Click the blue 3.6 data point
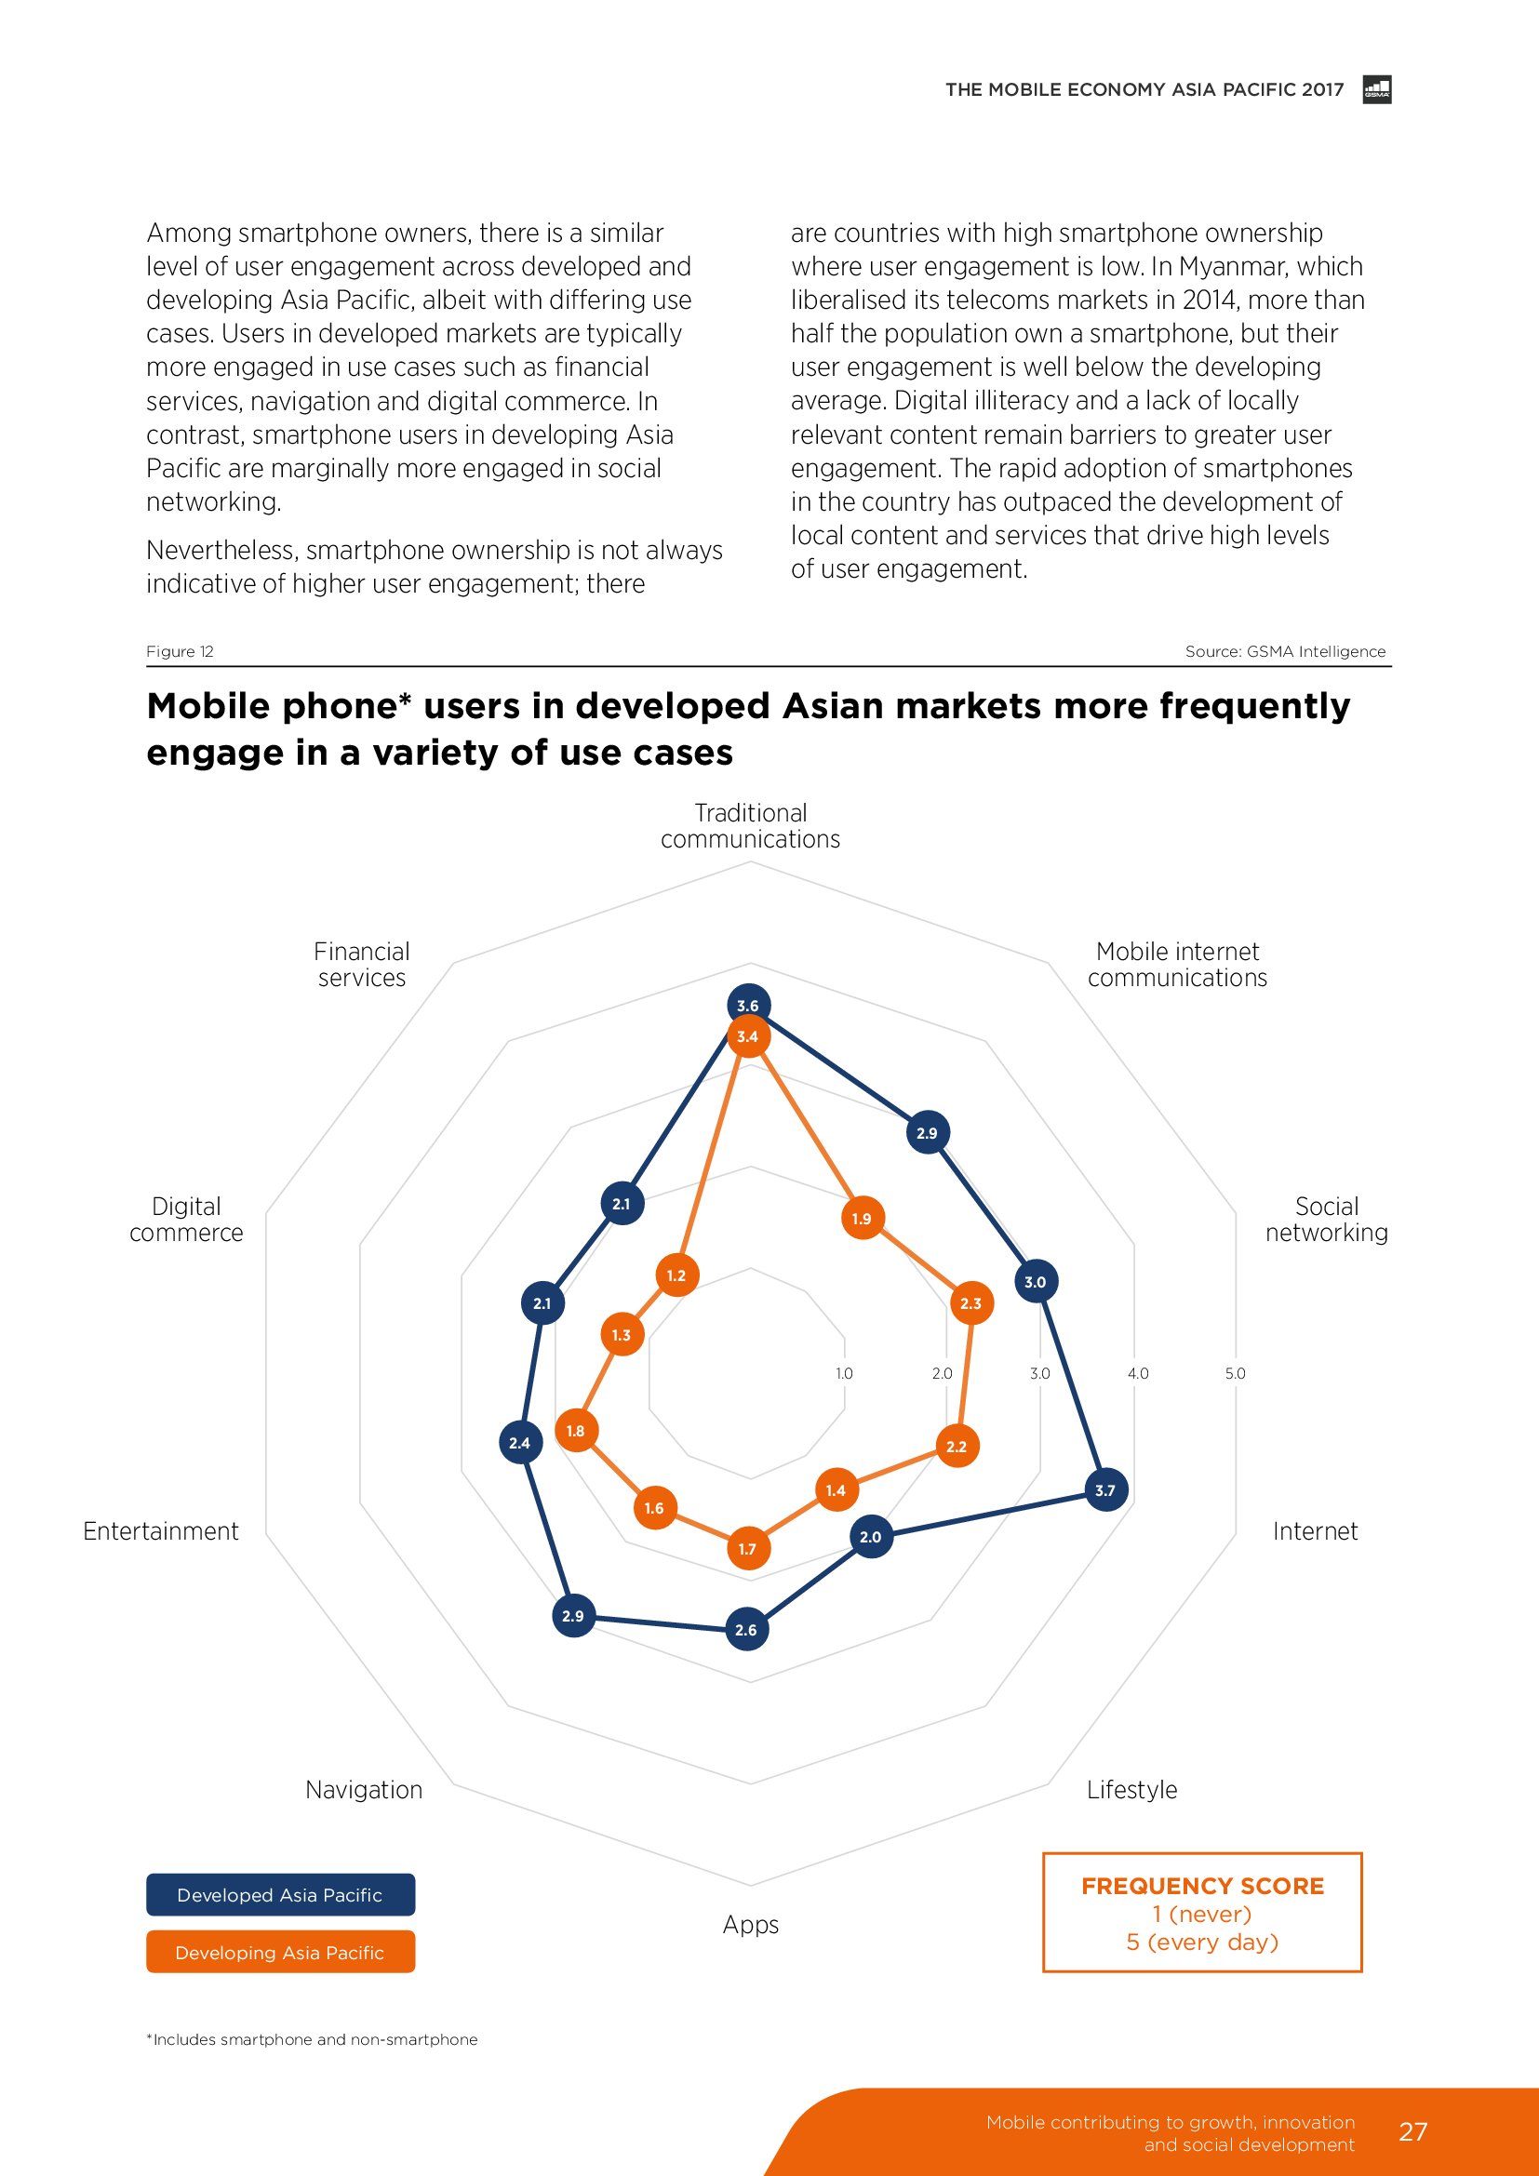click(749, 1006)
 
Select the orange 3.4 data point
click(748, 1036)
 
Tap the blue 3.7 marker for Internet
click(1105, 1489)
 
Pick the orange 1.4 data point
click(836, 1489)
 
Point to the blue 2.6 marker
click(747, 1629)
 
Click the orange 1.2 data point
click(676, 1275)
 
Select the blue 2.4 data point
click(519, 1443)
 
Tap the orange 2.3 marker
click(971, 1303)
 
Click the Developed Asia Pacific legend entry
click(280, 1894)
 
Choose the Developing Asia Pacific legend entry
click(280, 1953)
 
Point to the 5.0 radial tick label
click(1235, 1373)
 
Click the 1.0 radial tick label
click(844, 1373)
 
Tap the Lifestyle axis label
click(1131, 1789)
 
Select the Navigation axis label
click(364, 1789)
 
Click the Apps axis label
click(751, 1924)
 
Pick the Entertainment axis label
click(161, 1530)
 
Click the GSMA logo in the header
click(1377, 90)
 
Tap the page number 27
click(1412, 2131)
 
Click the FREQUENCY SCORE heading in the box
click(1202, 1886)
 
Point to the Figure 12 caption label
click(181, 651)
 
